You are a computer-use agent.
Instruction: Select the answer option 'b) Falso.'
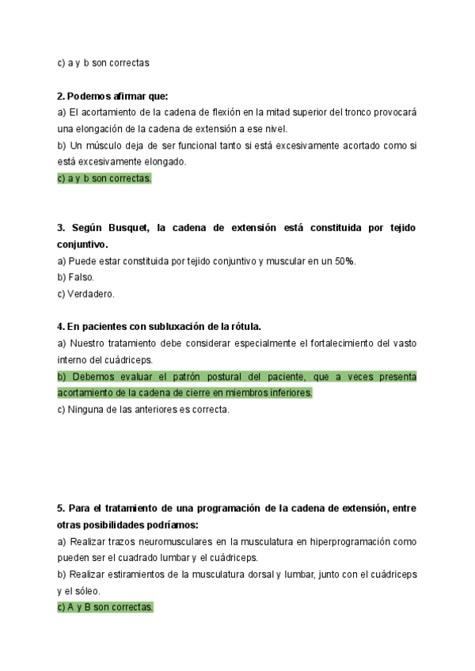click(x=76, y=277)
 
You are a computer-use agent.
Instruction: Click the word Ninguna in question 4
click(x=87, y=409)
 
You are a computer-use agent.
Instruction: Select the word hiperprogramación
click(x=322, y=541)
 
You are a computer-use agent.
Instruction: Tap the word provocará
click(x=392, y=112)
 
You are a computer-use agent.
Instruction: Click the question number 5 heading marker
click(x=61, y=508)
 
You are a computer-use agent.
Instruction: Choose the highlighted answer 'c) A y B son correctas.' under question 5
click(x=105, y=607)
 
